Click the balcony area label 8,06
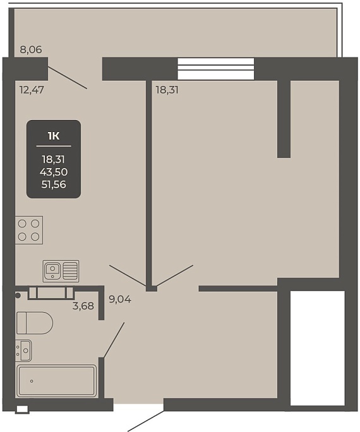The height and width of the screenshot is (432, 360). pos(31,50)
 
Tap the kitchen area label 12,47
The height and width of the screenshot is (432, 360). pos(32,90)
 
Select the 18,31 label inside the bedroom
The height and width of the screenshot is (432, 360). pos(167,90)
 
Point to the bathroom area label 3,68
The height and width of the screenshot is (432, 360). pos(83,306)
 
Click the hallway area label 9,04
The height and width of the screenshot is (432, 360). pos(120,299)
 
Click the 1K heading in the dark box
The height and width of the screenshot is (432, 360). pos(54,136)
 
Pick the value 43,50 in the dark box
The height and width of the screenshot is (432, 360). pos(54,172)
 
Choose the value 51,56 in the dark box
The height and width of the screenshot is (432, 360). pos(54,184)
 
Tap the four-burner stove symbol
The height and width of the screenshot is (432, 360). pos(28,230)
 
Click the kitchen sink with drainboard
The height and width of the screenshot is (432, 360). pos(61,271)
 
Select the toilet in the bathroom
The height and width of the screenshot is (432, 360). pos(34,323)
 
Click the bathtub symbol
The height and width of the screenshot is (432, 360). pos(57,381)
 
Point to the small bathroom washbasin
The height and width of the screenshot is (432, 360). pos(23,351)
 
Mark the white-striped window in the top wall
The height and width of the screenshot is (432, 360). pos(215,69)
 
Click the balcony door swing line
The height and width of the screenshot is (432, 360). pos(68,78)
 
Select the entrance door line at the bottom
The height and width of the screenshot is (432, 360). pos(145,421)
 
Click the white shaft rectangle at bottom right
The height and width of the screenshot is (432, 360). pos(318,348)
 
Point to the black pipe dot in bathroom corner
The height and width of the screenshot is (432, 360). pos(18,296)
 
